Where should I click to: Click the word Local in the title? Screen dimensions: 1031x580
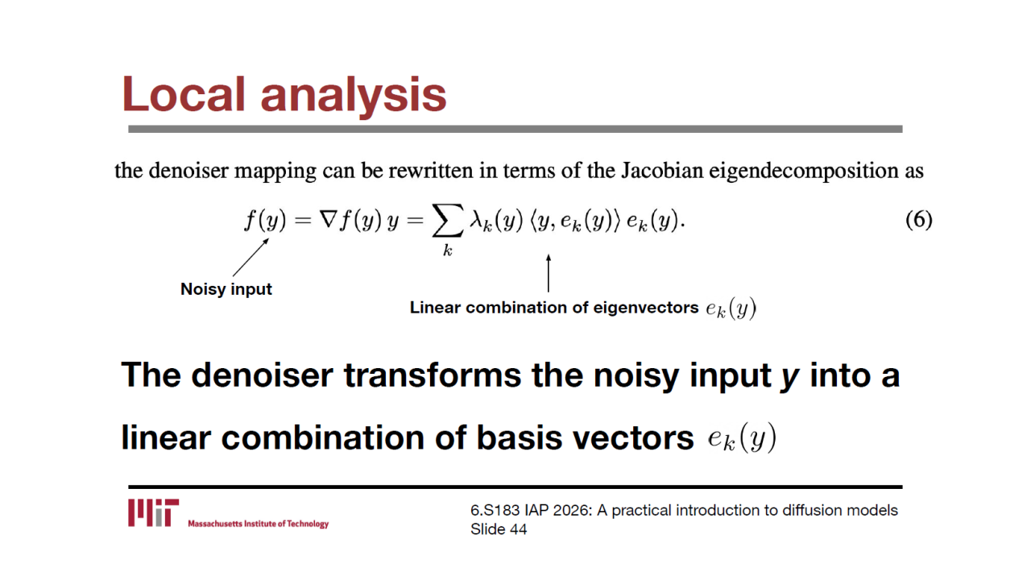click(x=183, y=94)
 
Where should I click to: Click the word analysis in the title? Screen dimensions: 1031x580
click(x=354, y=97)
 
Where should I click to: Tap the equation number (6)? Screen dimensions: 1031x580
click(x=919, y=220)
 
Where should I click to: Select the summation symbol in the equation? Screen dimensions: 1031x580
click(x=447, y=221)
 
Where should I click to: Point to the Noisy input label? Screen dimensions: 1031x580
click(x=226, y=289)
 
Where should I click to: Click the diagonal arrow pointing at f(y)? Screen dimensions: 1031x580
click(x=251, y=257)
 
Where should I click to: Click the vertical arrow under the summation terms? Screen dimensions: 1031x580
click(x=549, y=273)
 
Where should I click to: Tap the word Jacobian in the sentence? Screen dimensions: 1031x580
click(x=662, y=171)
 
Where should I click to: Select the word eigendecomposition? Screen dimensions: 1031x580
click(x=803, y=172)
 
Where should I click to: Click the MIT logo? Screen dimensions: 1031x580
click(x=153, y=512)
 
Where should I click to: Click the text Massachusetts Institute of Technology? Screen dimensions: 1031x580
click(x=259, y=524)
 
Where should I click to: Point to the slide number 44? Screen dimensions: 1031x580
click(x=518, y=529)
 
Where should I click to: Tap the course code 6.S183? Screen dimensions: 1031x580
click(x=495, y=511)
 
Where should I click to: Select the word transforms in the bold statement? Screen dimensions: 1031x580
click(x=433, y=375)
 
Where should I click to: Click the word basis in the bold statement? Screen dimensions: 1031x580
click(x=520, y=437)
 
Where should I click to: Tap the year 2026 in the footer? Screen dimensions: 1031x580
click(x=572, y=511)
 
